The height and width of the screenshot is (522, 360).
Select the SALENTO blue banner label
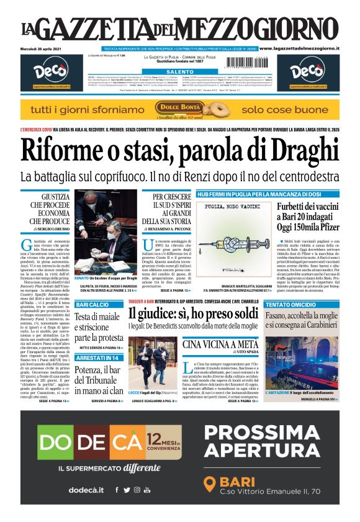pyautogui.click(x=179, y=72)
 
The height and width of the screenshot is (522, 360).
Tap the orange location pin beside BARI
pyautogui.click(x=210, y=483)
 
